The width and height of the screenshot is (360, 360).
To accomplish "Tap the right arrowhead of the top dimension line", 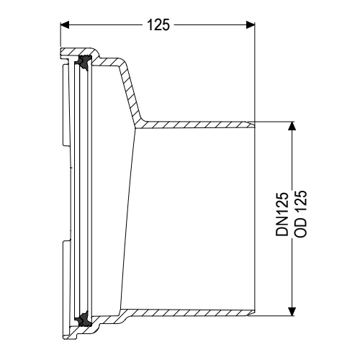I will pos(250,24).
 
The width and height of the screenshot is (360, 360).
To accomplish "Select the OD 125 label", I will pos(303,216).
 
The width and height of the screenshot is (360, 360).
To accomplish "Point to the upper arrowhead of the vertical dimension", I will pos(292,126).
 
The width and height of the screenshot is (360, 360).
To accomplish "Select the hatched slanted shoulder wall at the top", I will pos(128,86).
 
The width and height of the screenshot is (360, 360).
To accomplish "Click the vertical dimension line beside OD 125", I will pos(292,180).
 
